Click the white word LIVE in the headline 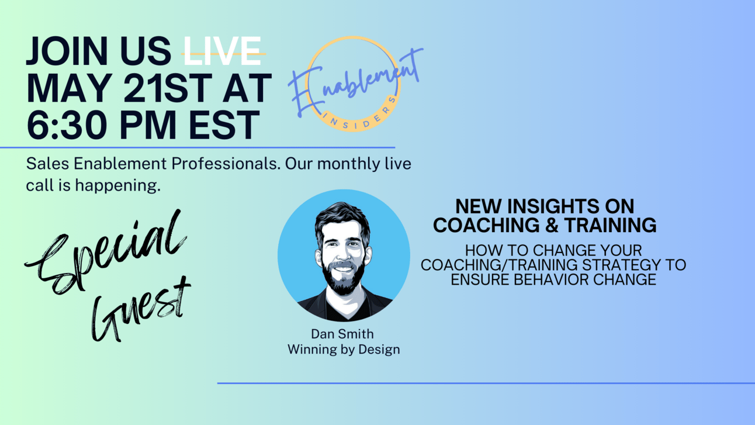click(222, 51)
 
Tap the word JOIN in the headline click(67, 51)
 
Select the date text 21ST click(168, 88)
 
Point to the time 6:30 click(67, 125)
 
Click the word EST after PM click(224, 125)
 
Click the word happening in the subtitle click(117, 186)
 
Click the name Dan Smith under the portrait click(342, 334)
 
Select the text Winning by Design click(344, 350)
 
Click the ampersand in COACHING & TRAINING click(552, 225)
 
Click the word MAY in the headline click(70, 88)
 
